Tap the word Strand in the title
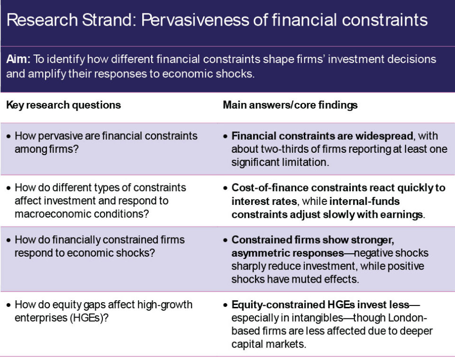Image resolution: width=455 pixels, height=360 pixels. [x=109, y=20]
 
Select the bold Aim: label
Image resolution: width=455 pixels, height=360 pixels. [x=18, y=59]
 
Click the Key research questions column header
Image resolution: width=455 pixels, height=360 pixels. [x=64, y=105]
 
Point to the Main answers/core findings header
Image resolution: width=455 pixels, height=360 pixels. [x=290, y=105]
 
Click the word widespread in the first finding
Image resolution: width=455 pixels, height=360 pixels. [x=384, y=136]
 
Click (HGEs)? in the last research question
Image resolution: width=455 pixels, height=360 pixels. [x=89, y=318]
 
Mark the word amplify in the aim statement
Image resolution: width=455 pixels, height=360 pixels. [x=47, y=74]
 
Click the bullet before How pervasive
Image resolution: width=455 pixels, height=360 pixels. [x=9, y=136]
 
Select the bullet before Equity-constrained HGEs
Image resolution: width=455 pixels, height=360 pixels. [x=226, y=305]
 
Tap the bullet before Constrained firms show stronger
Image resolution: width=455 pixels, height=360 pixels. [x=226, y=240]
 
